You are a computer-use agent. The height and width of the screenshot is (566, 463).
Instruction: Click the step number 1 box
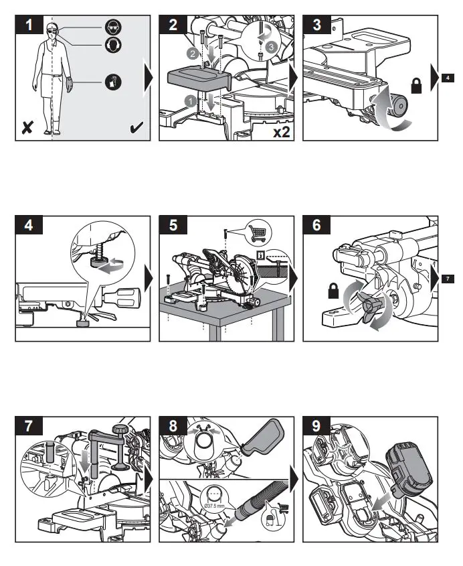(27, 26)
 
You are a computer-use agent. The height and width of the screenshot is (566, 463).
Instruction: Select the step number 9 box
(316, 427)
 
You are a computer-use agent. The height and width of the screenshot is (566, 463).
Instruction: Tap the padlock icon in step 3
(415, 85)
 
